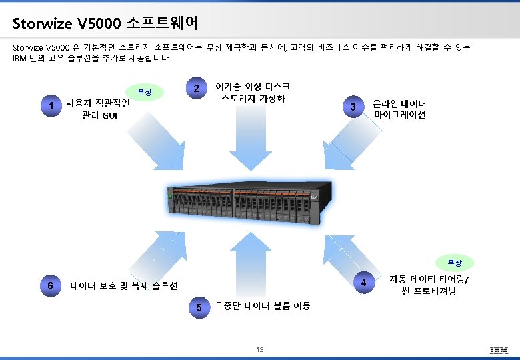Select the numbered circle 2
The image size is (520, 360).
coord(195,89)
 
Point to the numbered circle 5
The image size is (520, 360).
coord(198,308)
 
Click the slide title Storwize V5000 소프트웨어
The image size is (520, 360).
coord(105,24)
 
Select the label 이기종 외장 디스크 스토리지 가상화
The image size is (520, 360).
coord(253,93)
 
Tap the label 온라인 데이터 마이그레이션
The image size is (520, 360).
coord(400,109)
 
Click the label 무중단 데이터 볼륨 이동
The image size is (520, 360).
coord(263,306)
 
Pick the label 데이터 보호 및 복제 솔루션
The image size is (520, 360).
coord(124,286)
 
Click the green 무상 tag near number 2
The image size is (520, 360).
coord(145,93)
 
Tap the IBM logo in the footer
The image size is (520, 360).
coord(499,350)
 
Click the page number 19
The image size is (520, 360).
coord(260,350)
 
